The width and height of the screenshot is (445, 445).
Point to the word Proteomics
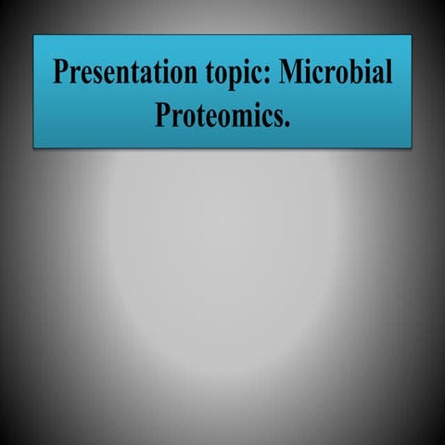pyautogui.click(x=220, y=116)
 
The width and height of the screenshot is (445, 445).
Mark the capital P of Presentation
pyautogui.click(x=60, y=72)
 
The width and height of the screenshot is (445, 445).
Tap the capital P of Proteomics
pyautogui.click(x=160, y=116)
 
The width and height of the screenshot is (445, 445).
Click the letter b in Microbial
pyautogui.click(x=358, y=72)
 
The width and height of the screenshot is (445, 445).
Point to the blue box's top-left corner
pyautogui.click(x=34, y=36)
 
